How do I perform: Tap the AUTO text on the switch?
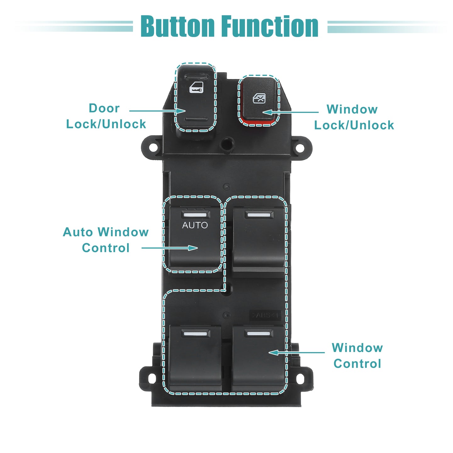(195, 225)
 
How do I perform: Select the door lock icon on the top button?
(196, 87)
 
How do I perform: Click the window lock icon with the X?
(259, 98)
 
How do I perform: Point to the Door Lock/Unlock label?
(106, 116)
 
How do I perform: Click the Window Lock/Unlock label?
(354, 117)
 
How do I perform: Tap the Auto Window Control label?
(106, 240)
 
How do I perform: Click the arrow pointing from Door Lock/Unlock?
(158, 111)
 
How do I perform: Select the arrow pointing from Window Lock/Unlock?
(291, 112)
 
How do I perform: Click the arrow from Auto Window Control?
(170, 248)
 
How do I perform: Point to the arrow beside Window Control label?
(297, 352)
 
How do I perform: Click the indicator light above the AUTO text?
(195, 215)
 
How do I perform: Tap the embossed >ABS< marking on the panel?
(265, 315)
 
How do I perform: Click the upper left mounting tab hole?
(153, 148)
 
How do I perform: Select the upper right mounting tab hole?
(300, 148)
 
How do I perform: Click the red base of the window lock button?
(258, 121)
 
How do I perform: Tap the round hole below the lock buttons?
(227, 143)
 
